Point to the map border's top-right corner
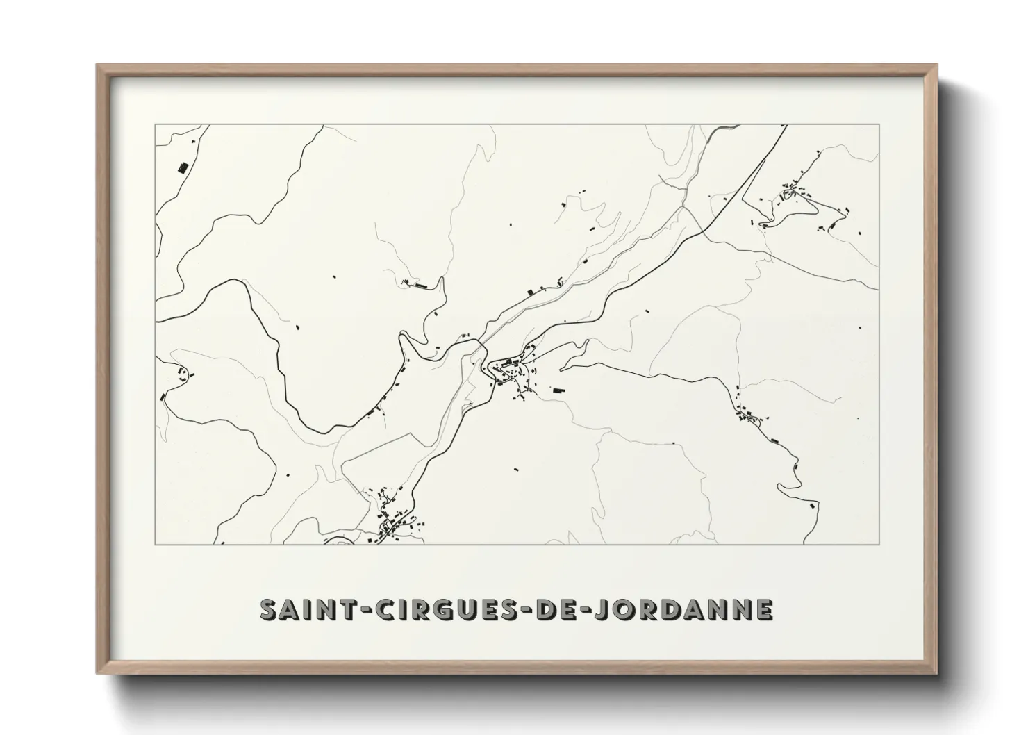[879, 125]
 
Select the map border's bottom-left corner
[156, 544]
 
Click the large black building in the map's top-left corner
[183, 167]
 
